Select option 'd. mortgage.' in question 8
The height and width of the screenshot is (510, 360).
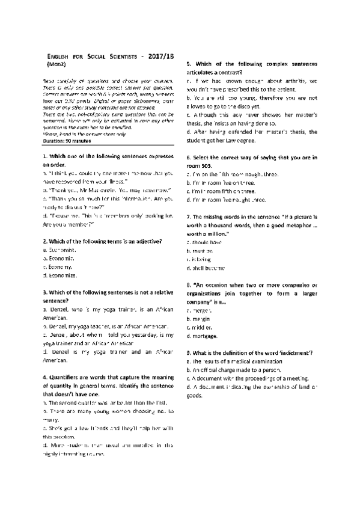[203, 336]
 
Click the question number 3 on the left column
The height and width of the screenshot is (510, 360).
[46, 292]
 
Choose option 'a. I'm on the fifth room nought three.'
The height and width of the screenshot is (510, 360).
[234, 173]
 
